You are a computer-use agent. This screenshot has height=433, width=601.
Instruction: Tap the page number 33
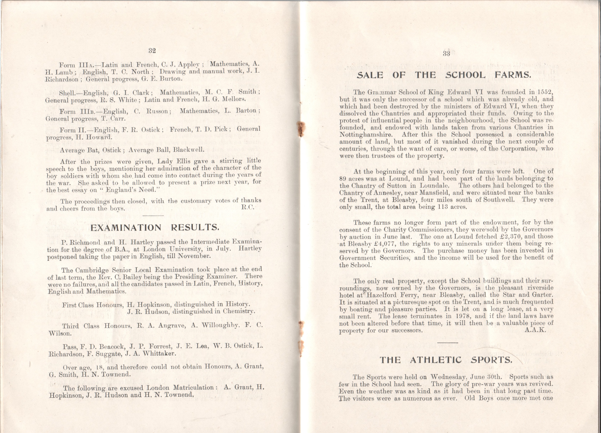(x=446, y=53)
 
